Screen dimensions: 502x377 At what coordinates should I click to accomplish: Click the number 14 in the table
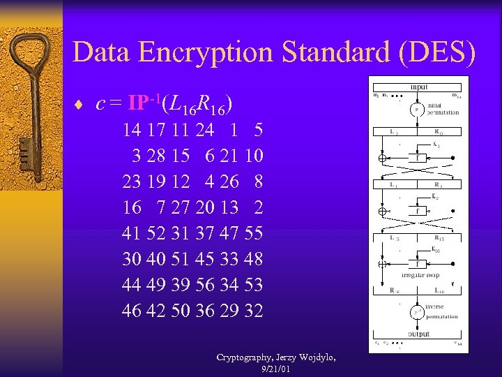(x=130, y=129)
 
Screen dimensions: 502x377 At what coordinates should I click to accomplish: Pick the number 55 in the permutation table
(x=254, y=233)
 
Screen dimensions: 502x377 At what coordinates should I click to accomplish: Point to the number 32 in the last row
(x=254, y=311)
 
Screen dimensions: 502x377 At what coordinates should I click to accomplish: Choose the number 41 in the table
(x=130, y=233)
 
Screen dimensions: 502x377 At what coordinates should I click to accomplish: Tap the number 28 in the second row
(x=155, y=155)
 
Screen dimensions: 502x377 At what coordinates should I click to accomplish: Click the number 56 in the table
(x=205, y=285)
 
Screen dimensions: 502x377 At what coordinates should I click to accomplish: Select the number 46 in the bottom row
(x=130, y=311)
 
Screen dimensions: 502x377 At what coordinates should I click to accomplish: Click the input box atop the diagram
(x=418, y=87)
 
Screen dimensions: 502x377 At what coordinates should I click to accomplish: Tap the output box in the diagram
(x=418, y=334)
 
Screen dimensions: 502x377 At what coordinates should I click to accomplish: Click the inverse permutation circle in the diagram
(x=417, y=311)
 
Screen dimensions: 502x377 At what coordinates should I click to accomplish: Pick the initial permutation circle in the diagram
(x=417, y=110)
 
